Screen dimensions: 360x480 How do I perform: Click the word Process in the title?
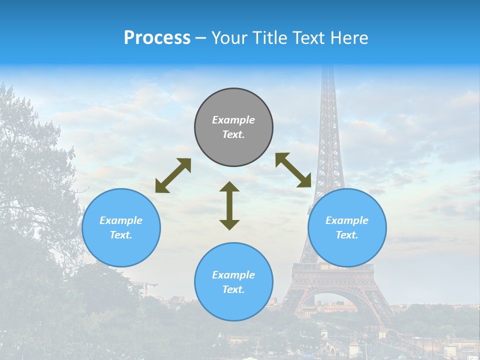coord(157,38)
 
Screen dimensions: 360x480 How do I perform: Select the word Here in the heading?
coord(350,38)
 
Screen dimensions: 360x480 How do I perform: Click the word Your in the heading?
coord(229,38)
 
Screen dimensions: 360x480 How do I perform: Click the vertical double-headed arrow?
coord(229,205)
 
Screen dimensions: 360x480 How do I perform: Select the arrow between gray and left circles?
coord(173,175)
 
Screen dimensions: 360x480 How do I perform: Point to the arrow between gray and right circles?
coord(293,170)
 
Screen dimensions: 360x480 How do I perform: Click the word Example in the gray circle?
coord(233,120)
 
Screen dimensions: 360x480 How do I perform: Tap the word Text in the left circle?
coord(121,235)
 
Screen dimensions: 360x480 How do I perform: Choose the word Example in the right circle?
coord(347,220)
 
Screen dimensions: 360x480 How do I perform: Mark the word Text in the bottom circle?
coord(233,289)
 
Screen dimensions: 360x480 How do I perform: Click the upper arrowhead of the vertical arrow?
coord(229,187)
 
